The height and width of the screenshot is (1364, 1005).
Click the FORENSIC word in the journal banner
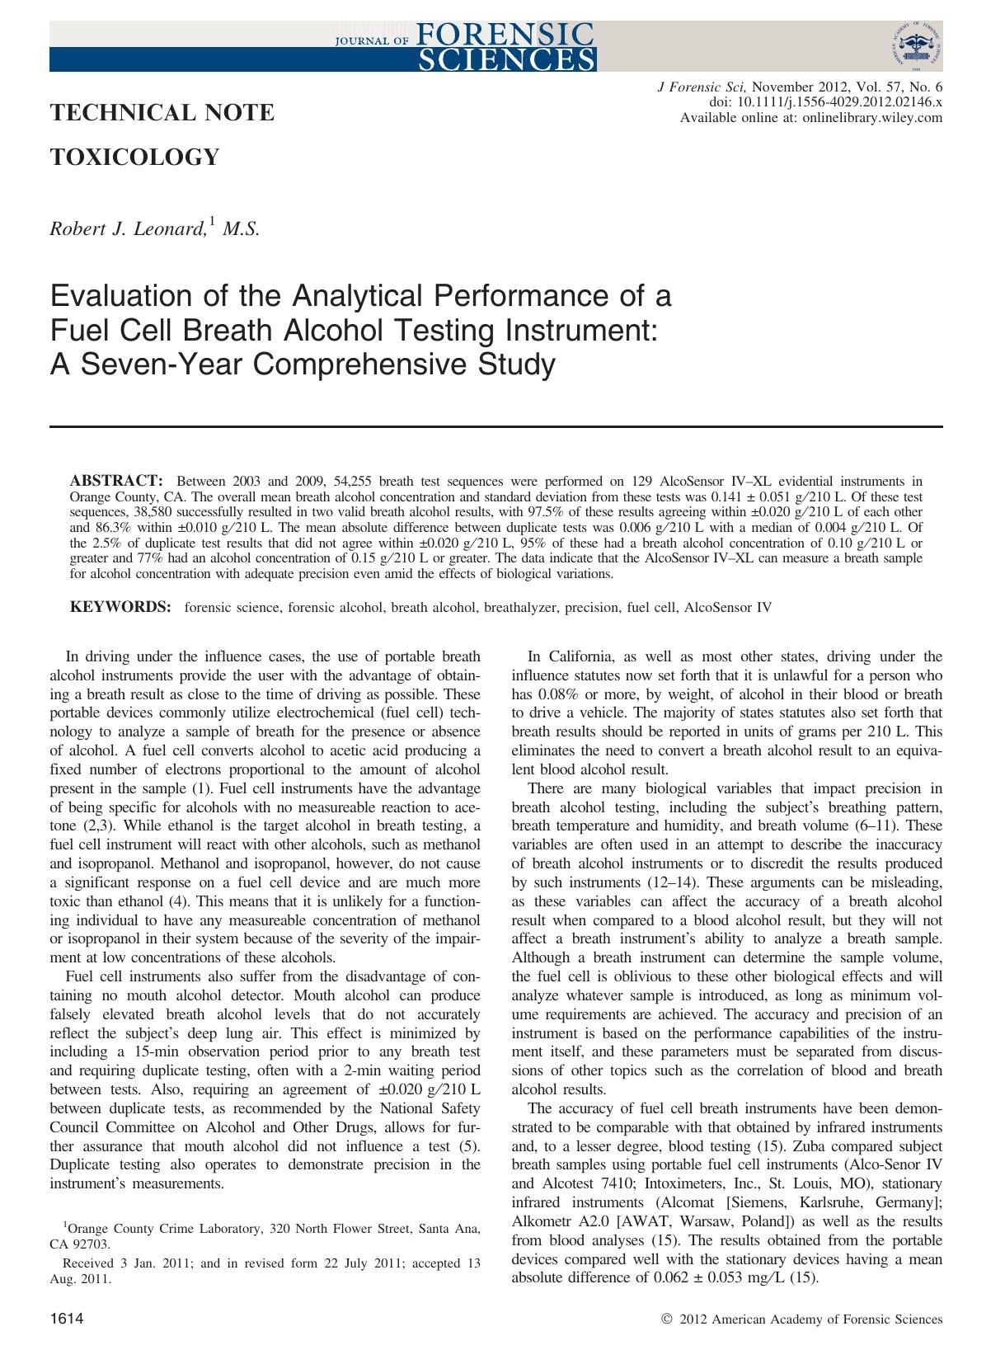[506, 35]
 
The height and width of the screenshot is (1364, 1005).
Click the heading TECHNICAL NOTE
[162, 112]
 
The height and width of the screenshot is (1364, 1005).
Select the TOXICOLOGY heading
[135, 157]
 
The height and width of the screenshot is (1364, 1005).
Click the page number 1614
[67, 1320]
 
